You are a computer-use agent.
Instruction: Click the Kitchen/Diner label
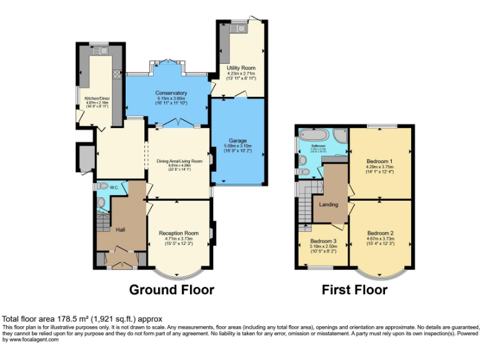click(86, 97)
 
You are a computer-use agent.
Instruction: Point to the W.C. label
click(114, 186)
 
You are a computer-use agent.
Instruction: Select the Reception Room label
click(178, 232)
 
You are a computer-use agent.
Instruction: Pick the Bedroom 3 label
click(323, 241)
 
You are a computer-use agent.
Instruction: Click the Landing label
click(328, 204)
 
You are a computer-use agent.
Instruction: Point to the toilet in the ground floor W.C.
click(101, 202)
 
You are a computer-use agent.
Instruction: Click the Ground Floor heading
click(171, 290)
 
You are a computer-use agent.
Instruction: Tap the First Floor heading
click(354, 290)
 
